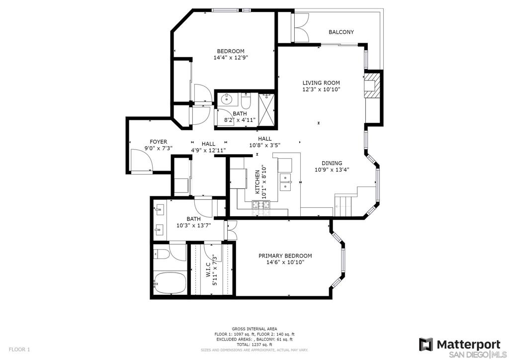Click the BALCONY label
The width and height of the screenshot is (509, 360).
(x=341, y=32)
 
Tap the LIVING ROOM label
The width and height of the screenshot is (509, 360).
(x=321, y=83)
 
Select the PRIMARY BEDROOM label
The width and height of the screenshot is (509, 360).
(x=285, y=256)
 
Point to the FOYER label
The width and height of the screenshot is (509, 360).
(x=159, y=142)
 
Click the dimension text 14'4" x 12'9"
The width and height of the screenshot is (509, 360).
(x=231, y=58)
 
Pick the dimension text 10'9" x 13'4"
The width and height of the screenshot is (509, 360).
(x=332, y=170)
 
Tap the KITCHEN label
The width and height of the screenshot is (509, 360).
(x=257, y=182)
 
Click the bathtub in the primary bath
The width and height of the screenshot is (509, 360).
(x=170, y=283)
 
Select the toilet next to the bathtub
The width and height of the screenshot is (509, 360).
(x=162, y=254)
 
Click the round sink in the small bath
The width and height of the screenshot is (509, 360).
(x=224, y=99)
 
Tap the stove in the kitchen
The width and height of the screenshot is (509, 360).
(x=261, y=205)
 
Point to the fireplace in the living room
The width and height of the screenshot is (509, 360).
(x=372, y=85)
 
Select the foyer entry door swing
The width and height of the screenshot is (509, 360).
(x=140, y=160)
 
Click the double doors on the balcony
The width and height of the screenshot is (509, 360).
(x=302, y=27)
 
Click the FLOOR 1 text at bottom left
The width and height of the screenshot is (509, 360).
(x=19, y=350)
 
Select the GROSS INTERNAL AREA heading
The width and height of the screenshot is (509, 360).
(x=254, y=329)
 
